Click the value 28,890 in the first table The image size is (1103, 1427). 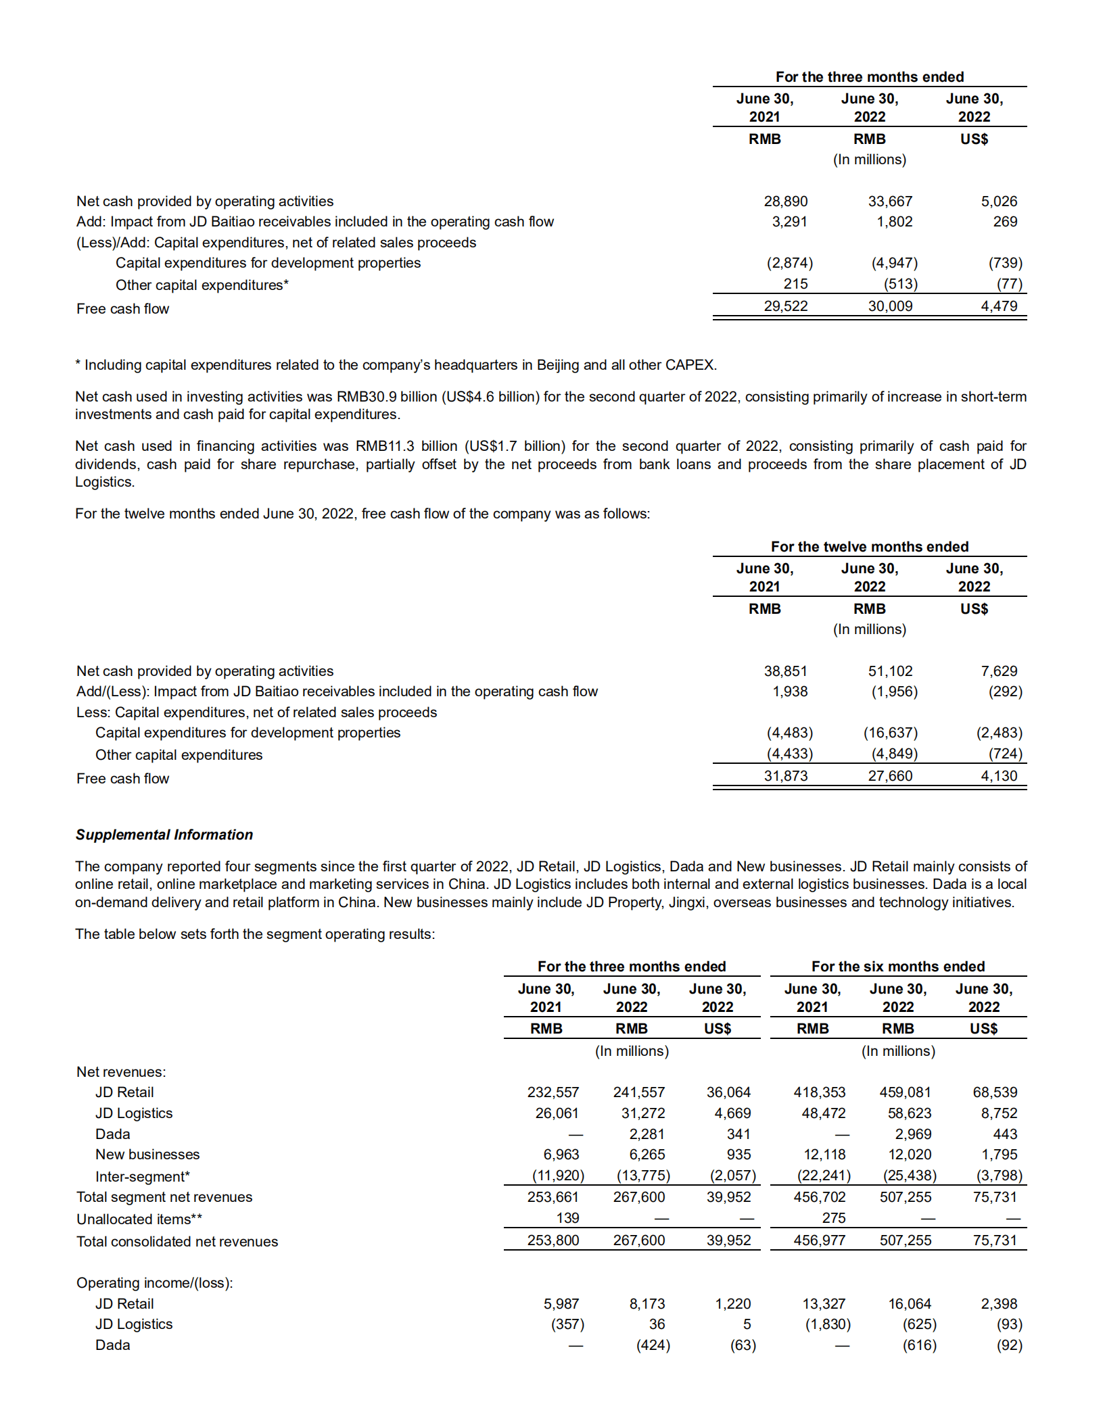pos(785,201)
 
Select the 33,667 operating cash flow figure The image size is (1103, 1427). pos(890,201)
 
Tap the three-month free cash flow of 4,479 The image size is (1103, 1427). pos(999,306)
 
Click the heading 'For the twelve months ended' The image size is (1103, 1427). pos(869,546)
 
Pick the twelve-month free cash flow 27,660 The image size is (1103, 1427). pos(890,776)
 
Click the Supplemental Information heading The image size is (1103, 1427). pos(164,835)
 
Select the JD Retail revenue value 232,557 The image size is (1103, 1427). pos(553,1092)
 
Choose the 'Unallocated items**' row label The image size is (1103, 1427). pos(139,1219)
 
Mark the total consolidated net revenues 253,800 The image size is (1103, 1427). pos(553,1240)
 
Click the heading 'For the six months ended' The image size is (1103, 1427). pos(897,967)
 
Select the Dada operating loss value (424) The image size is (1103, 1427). pos(653,1345)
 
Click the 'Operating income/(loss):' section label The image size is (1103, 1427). pos(154,1283)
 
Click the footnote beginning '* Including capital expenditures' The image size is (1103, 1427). pos(396,365)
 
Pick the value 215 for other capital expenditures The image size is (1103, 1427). pos(795,284)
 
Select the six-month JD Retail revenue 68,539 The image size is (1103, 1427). pos(995,1092)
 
